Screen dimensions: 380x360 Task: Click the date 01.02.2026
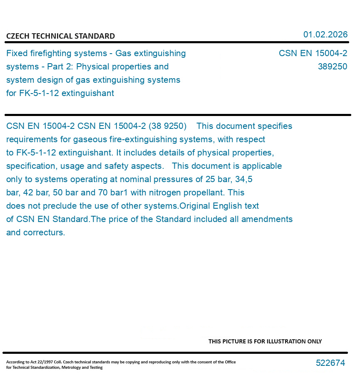coord(325,35)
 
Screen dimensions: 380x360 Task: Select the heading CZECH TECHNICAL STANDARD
coord(60,36)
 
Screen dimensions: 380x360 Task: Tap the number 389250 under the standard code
coord(332,67)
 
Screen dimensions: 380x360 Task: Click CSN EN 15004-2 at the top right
coord(313,53)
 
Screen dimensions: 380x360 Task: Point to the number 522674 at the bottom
coord(330,363)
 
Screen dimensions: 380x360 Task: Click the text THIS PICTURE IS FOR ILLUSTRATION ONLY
coord(265,341)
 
